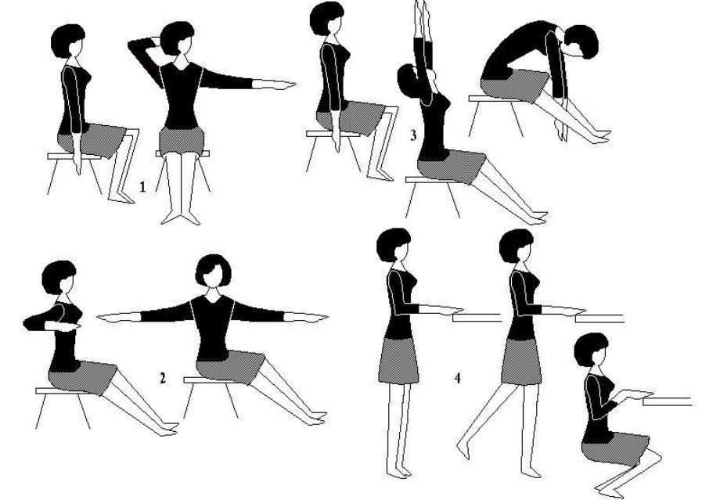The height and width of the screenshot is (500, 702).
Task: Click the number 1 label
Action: click(142, 187)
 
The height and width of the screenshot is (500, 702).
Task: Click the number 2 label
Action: click(163, 378)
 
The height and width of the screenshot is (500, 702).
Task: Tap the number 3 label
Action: click(413, 135)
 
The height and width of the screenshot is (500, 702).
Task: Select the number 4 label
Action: click(458, 378)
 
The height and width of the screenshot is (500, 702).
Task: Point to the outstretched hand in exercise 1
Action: click(274, 84)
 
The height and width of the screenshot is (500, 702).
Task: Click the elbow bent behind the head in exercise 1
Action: click(132, 45)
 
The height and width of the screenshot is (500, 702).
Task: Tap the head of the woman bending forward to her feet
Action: click(581, 41)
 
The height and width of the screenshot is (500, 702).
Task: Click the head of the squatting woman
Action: click(592, 350)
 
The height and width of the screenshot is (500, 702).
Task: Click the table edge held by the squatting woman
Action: click(668, 401)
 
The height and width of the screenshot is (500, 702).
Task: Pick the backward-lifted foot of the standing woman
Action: click(463, 451)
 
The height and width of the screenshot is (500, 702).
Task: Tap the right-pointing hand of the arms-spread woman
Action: click(306, 318)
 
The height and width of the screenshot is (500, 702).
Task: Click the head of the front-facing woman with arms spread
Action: click(213, 272)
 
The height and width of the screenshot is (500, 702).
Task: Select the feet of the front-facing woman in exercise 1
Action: click(181, 218)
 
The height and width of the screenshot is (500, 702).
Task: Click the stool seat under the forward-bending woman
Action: click(496, 99)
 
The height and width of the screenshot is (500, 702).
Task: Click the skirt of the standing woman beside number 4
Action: click(398, 362)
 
